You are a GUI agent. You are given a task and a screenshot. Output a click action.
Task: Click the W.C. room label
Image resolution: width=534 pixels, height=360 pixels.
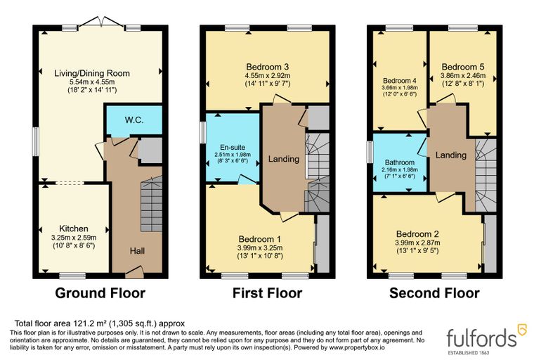133,120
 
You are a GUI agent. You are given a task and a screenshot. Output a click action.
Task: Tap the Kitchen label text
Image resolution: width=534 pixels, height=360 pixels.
74,229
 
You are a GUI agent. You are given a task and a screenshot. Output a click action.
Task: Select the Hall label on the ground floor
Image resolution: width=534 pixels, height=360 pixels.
137,251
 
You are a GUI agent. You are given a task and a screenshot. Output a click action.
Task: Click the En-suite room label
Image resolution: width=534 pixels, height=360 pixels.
233,148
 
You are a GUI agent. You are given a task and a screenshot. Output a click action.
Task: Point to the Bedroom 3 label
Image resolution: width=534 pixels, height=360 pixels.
268,67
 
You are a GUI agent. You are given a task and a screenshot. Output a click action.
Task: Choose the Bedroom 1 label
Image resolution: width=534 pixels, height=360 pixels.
260,239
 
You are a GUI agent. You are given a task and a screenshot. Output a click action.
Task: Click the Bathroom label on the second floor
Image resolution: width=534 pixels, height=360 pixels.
400,162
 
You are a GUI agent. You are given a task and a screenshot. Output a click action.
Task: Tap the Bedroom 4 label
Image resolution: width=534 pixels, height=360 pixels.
400,81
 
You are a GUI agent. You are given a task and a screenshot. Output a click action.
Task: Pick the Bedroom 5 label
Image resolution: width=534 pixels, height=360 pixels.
463,67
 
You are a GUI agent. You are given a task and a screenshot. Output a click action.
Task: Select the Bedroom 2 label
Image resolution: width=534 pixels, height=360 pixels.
417,234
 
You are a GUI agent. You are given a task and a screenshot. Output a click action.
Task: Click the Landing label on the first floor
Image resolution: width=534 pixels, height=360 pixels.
284,159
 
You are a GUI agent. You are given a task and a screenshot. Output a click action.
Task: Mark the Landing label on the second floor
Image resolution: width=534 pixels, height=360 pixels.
451,155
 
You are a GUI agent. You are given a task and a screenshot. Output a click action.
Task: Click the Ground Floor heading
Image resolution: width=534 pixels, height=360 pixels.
100,293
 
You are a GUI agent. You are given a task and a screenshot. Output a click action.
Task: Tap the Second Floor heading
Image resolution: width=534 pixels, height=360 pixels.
434,293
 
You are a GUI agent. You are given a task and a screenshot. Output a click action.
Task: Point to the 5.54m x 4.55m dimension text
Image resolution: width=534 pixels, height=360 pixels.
92,82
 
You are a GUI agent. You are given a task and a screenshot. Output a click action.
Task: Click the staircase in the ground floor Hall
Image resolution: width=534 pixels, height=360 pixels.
152,204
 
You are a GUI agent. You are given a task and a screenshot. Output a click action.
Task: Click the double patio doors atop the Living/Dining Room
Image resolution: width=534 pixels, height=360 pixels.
101,21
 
